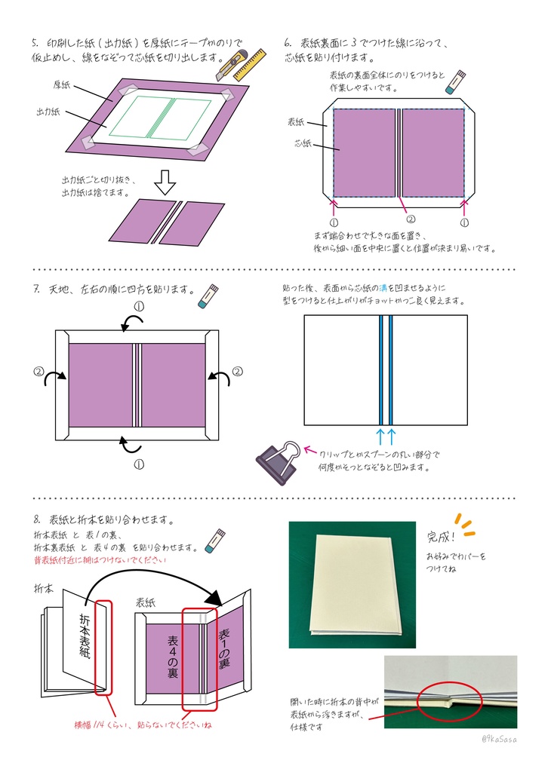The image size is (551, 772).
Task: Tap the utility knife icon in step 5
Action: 230,66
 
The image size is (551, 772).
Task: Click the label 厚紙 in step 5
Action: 62,84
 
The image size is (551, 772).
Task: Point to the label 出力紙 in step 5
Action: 50,112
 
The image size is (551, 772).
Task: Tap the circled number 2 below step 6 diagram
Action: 411,219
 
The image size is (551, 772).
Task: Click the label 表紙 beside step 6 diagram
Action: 296,121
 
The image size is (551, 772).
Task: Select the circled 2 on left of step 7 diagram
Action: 38,371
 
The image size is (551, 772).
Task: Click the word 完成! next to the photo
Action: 442,537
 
